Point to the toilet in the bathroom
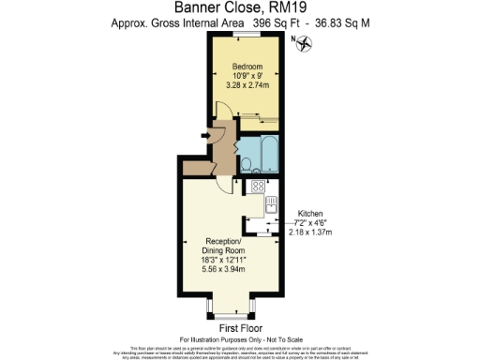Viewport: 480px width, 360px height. pos(246,165)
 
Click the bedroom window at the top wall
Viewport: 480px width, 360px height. pos(247,36)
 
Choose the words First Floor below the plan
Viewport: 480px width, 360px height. pos(239,328)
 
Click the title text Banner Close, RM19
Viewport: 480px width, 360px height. pos(240,8)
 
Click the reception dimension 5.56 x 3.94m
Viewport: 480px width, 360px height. pos(223,269)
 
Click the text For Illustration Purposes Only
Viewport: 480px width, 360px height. pos(239,338)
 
